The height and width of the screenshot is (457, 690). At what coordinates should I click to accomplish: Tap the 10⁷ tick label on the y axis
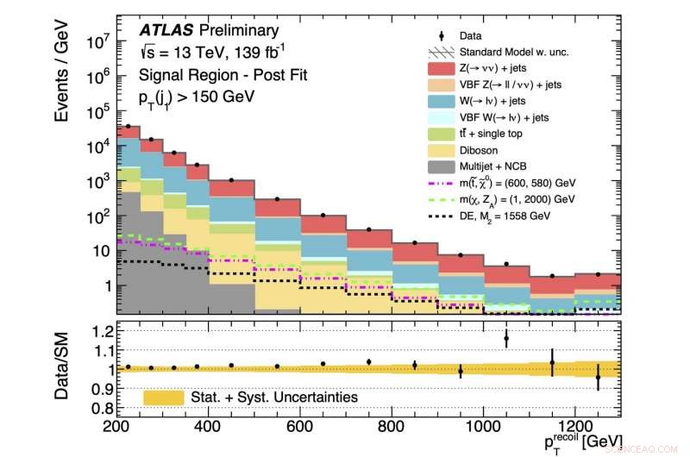pyautogui.click(x=95, y=41)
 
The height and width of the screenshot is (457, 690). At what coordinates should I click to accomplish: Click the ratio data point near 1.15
pyautogui.click(x=506, y=339)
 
